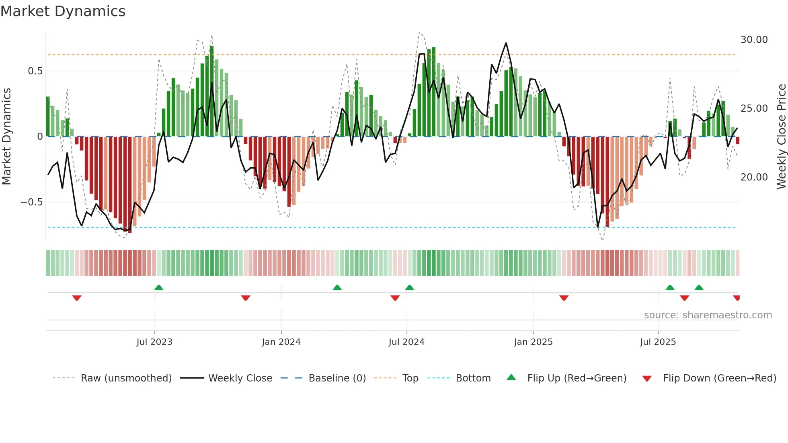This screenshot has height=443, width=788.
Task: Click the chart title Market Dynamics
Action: point(63,11)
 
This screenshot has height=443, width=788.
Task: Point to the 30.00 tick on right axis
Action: point(754,40)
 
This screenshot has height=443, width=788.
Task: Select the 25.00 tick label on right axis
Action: point(754,109)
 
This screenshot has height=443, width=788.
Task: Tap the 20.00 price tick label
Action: point(754,177)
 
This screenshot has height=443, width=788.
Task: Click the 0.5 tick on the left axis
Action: point(35,71)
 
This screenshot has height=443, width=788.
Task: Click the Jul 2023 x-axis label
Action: point(154,342)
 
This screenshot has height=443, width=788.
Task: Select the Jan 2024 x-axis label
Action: point(281,342)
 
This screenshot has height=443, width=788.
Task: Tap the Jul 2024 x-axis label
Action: point(406,342)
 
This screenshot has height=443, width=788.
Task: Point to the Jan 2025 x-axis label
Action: point(533,342)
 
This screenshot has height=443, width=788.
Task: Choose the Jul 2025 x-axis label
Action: point(658,342)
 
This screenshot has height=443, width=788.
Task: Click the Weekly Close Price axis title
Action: point(781,136)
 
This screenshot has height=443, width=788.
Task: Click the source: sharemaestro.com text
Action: point(708,315)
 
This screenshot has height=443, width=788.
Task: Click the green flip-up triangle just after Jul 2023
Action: point(159,287)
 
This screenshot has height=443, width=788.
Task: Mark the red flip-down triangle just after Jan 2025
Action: point(564,298)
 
